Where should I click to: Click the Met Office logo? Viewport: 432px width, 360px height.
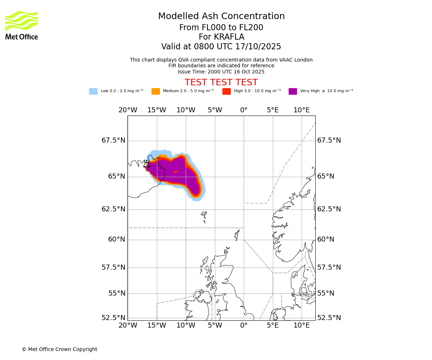point(22,25)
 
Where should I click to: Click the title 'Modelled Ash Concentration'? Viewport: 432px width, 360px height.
point(221,17)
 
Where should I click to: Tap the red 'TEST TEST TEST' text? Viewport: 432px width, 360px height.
point(221,82)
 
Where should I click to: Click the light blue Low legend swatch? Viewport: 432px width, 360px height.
point(93,91)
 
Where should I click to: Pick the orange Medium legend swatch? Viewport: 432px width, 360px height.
point(156,91)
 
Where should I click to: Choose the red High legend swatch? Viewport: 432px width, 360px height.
point(226,91)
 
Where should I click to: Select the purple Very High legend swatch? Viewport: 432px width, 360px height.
point(293,91)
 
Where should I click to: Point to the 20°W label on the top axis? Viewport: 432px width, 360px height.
point(128,110)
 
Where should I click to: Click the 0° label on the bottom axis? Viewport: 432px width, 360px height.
point(244,325)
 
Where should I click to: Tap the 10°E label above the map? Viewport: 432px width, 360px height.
point(302,110)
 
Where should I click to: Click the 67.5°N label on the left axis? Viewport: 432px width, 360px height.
point(113,140)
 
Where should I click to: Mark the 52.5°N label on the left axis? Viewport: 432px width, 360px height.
point(113,318)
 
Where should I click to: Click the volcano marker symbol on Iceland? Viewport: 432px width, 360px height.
point(147,164)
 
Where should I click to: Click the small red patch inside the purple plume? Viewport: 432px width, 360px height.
point(175,172)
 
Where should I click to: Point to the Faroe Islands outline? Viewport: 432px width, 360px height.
point(204,216)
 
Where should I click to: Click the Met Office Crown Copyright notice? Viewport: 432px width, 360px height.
point(59,349)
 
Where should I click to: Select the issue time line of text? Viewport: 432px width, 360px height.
point(221,72)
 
